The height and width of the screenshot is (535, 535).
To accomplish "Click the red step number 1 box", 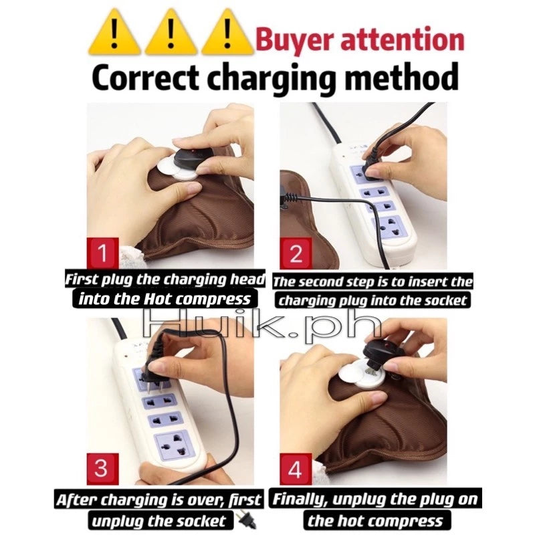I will (x=102, y=254).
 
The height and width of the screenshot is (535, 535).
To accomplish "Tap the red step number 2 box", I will (x=295, y=254).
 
